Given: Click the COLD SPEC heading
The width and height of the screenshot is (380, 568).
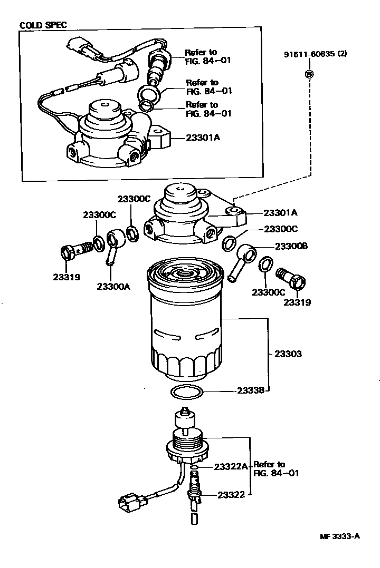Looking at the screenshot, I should pyautogui.click(x=43, y=25).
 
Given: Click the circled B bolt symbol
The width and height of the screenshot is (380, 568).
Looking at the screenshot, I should pyautogui.click(x=309, y=74).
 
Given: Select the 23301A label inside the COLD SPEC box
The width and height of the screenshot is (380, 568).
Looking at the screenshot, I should pyautogui.click(x=203, y=138).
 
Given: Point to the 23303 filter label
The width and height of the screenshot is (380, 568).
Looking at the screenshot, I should pyautogui.click(x=288, y=354).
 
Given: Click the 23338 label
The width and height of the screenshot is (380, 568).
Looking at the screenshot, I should pyautogui.click(x=250, y=390).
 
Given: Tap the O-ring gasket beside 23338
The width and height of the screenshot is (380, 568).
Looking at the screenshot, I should pyautogui.click(x=187, y=392).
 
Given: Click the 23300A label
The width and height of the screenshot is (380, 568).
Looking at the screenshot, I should pyautogui.click(x=113, y=286).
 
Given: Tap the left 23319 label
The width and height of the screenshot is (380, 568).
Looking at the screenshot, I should pyautogui.click(x=66, y=276).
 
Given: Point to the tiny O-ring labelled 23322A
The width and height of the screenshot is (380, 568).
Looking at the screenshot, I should pyautogui.click(x=194, y=467).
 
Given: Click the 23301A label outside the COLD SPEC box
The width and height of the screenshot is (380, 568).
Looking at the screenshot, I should pyautogui.click(x=281, y=213).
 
